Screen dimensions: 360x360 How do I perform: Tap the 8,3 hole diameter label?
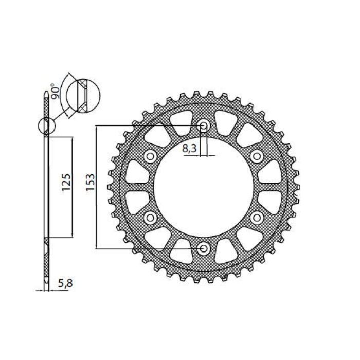coord(190,149)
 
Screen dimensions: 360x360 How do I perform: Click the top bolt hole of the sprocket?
coord(204,125)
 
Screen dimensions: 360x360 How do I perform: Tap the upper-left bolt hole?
coord(150,156)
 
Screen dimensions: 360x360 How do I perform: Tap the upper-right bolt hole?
coord(257,156)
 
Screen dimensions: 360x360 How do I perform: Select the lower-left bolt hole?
coord(150,218)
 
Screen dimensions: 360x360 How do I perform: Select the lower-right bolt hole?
coord(257,218)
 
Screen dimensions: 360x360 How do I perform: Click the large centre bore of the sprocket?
coord(204,187)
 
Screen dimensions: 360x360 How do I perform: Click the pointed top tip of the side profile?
coord(46,92)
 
